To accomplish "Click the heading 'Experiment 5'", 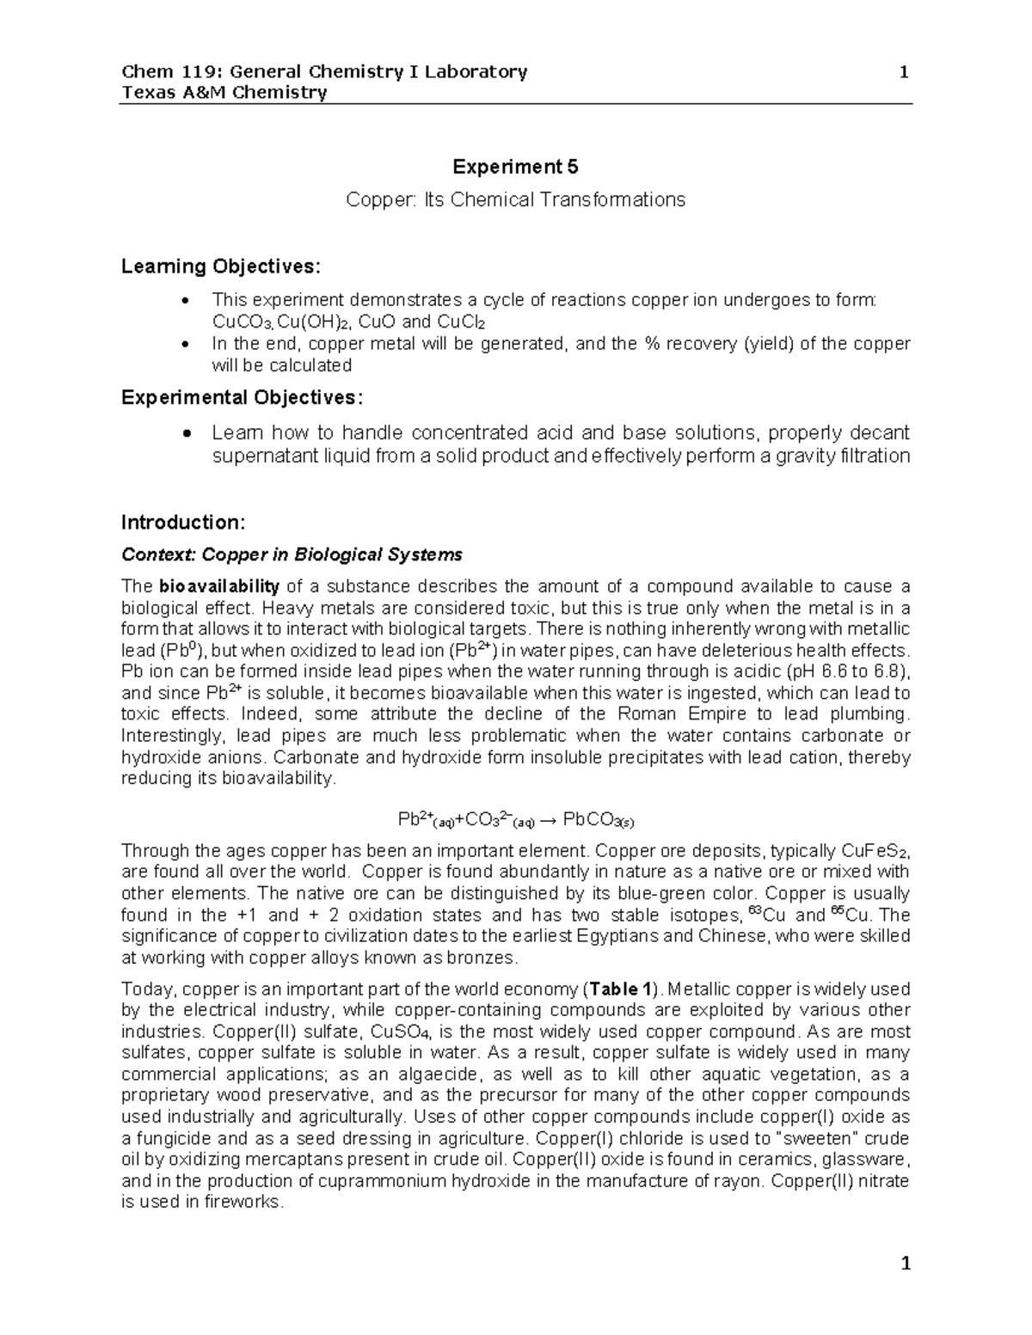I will coord(515,167).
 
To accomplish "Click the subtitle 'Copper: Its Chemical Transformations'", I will coord(515,200).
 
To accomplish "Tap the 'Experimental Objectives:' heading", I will coord(243,398).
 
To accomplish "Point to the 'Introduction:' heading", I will coord(184,523).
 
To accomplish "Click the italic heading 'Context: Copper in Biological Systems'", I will coord(292,554).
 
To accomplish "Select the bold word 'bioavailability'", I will coord(219,587).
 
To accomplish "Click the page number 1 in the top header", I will coord(904,72).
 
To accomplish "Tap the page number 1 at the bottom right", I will coord(904,1264).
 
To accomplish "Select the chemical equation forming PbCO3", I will coord(515,820).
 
